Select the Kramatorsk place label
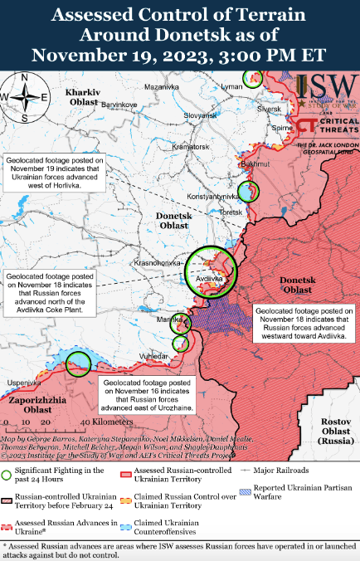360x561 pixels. [x=168, y=146]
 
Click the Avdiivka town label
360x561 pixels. [x=207, y=279]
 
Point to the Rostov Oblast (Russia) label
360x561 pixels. [x=337, y=432]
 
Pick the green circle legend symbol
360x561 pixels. [x=8, y=476]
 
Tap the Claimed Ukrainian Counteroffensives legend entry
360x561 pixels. [x=162, y=527]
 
